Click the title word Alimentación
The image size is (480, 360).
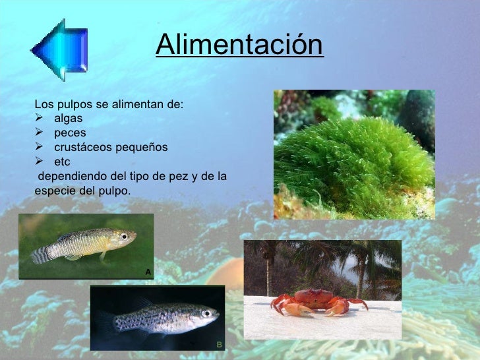(x=240, y=45)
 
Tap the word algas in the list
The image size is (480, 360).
(x=69, y=119)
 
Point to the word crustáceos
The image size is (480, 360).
(x=82, y=147)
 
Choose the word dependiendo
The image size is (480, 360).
(x=70, y=176)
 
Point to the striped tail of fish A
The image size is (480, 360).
(x=40, y=253)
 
